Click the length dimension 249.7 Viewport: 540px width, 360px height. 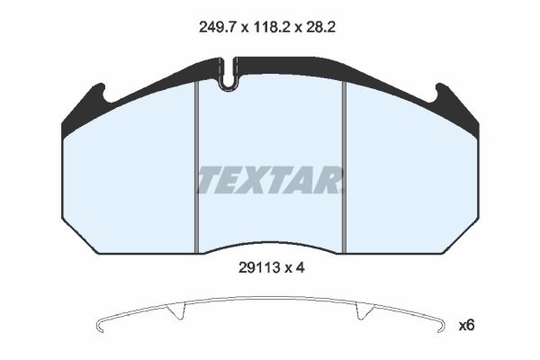tap(217, 27)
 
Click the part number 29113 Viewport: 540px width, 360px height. tap(258, 267)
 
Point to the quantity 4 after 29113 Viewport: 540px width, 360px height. tap(301, 267)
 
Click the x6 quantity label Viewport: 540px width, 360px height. tap(466, 325)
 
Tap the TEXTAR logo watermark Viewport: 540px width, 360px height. tap(270, 180)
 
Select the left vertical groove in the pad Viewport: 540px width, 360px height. tap(196, 167)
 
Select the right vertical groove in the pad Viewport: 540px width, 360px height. tap(344, 167)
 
